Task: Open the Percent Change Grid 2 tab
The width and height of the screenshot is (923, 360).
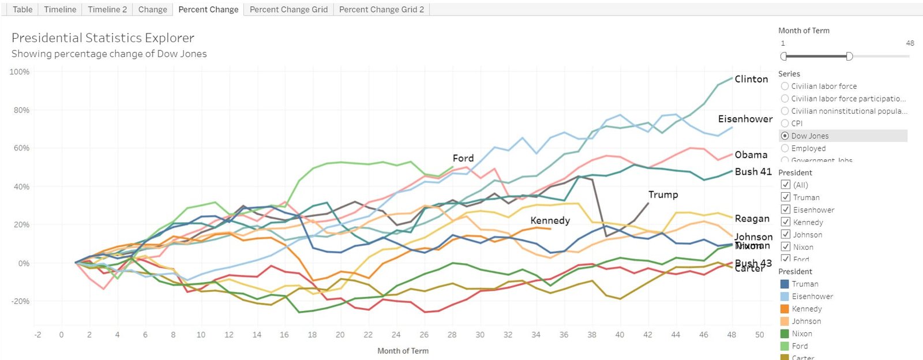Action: [x=381, y=9]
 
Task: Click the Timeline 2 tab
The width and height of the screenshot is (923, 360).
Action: [x=107, y=9]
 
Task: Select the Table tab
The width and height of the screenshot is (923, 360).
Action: [x=22, y=9]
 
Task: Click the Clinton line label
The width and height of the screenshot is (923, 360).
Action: [x=751, y=79]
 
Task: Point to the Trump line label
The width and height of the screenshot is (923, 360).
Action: [x=663, y=194]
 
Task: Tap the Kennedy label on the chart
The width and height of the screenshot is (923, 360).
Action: [x=550, y=220]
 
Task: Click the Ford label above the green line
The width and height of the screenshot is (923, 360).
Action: [x=463, y=158]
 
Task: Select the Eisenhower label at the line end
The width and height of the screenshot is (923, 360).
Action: [x=745, y=119]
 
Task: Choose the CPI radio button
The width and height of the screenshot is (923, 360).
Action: [x=785, y=123]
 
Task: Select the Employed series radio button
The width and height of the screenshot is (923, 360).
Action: [x=785, y=148]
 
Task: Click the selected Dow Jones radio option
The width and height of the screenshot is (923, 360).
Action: [x=785, y=136]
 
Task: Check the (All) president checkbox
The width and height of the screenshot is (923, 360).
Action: [x=785, y=185]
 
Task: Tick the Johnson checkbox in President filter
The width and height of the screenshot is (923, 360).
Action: [x=785, y=234]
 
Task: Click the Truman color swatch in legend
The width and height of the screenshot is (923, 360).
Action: [x=785, y=284]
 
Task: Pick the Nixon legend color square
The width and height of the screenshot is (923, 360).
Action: [x=785, y=333]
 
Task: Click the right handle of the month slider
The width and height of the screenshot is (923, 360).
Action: [x=849, y=56]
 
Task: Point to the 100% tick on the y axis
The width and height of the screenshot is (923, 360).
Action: [x=20, y=72]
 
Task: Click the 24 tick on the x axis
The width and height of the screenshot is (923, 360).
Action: [x=396, y=335]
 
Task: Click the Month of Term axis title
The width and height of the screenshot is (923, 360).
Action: [x=403, y=351]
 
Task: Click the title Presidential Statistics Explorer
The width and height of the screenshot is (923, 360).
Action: [x=103, y=38]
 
